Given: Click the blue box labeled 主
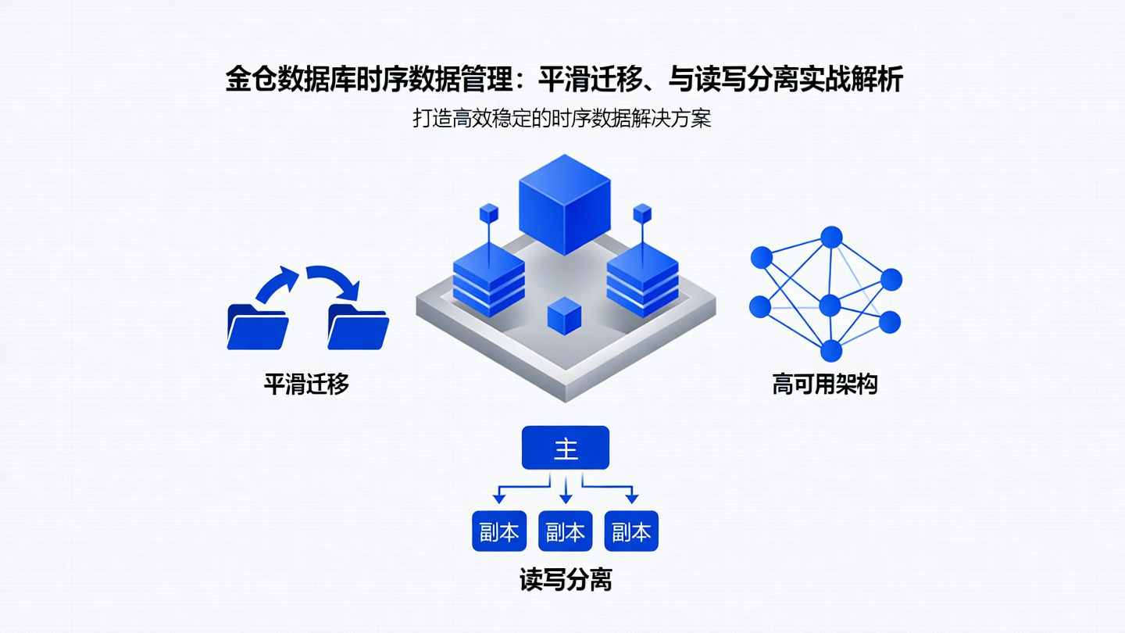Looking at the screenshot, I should point(565,448).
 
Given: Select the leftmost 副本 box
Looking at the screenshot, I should point(499,531).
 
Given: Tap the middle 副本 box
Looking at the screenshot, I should point(565,531).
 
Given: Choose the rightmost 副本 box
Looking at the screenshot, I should point(631,531).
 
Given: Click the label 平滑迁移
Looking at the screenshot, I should point(305,384).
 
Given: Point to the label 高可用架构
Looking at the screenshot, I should point(825,384).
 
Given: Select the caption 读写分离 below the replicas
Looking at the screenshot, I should point(566,579).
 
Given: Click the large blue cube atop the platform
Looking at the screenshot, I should point(564,203).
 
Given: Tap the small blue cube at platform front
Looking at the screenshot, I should point(564,316).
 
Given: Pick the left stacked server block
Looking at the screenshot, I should point(489,279).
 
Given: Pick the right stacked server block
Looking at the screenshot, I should point(642,279).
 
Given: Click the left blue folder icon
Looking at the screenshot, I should point(257,326).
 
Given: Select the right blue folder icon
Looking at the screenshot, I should point(358,326).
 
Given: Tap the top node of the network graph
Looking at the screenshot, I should point(831,237).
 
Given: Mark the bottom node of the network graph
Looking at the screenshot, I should point(831,351).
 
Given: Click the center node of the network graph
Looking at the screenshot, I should point(830,305).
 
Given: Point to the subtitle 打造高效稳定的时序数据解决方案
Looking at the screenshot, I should point(562,119).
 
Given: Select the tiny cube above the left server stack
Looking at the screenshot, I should point(489,212).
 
